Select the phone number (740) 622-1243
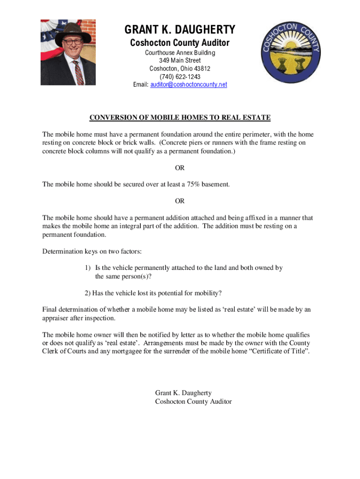click(x=180, y=77)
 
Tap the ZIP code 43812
click(x=202, y=69)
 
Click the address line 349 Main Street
click(x=180, y=61)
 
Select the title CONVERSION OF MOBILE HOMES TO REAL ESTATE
click(x=180, y=117)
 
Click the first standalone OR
click(x=180, y=168)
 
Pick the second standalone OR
click(x=180, y=201)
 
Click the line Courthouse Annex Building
click(x=180, y=53)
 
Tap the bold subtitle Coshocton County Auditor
click(x=180, y=43)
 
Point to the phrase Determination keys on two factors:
click(x=92, y=252)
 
